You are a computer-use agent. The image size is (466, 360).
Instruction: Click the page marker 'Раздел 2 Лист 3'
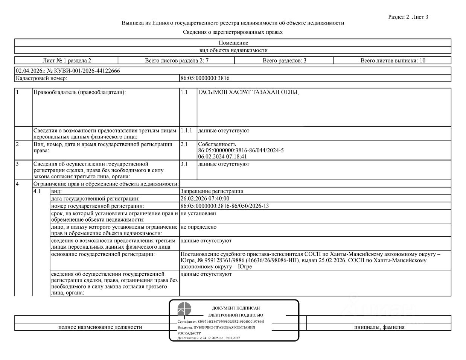408,17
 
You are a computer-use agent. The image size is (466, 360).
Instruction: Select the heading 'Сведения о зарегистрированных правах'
233,32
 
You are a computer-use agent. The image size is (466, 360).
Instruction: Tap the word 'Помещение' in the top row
233,43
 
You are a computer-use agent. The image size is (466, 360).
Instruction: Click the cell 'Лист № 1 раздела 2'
67,61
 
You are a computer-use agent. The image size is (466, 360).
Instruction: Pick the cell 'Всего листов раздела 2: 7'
177,61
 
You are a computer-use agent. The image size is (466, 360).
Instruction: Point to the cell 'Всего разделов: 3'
284,61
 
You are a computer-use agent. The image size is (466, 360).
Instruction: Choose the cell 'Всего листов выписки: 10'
393,61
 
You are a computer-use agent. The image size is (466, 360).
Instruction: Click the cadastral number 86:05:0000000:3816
205,78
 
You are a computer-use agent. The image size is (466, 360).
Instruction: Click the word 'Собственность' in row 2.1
217,144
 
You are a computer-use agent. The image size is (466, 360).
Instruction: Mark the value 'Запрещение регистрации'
212,191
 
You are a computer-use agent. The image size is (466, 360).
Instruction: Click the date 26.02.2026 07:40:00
205,199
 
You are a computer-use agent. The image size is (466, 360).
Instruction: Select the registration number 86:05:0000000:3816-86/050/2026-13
224,206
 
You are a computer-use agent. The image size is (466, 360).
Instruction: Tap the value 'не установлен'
198,213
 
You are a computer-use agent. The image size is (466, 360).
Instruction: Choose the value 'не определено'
198,227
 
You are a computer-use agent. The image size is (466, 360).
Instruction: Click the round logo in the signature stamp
184,309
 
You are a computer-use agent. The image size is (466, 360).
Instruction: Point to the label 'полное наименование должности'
100,327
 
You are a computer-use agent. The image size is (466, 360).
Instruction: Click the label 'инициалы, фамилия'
379,327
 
